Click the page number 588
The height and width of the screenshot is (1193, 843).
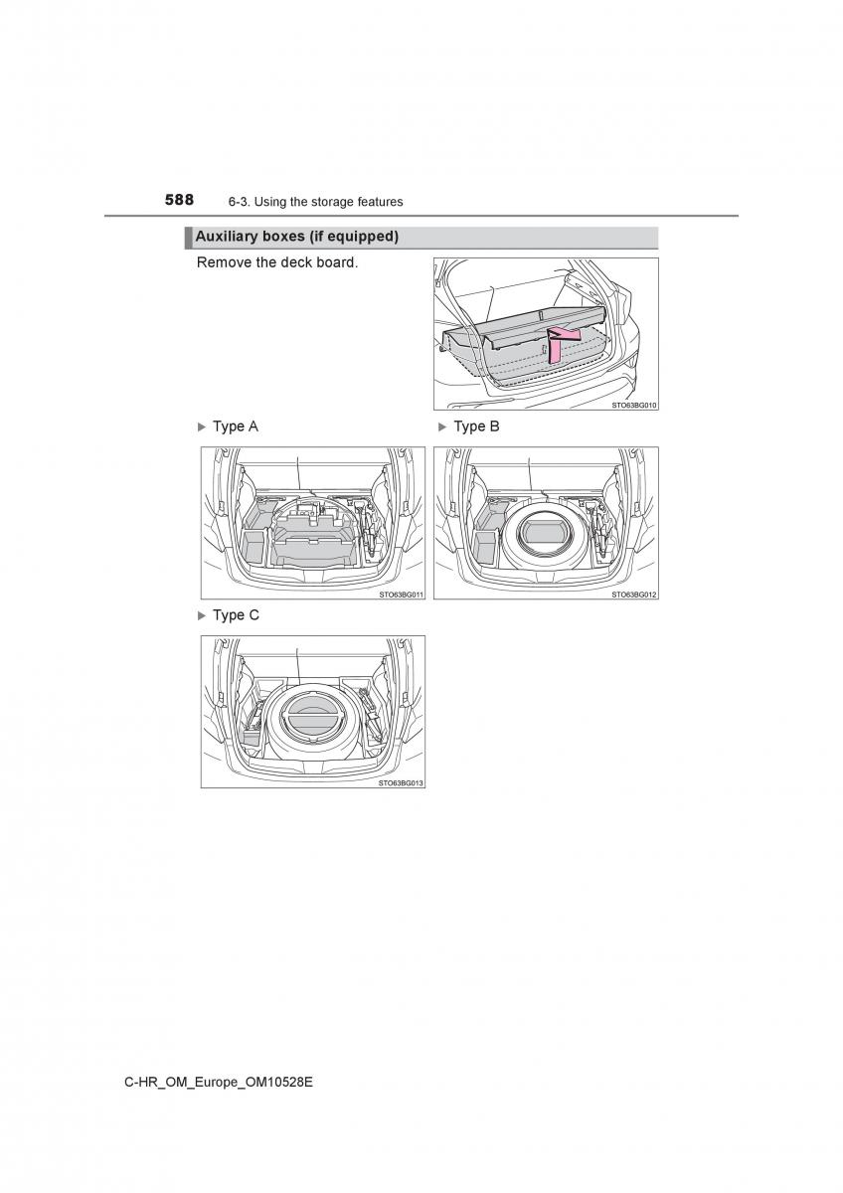pyautogui.click(x=180, y=200)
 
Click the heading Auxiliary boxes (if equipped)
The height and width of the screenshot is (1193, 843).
pyautogui.click(x=296, y=237)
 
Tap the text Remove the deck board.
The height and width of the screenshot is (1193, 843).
pyautogui.click(x=277, y=262)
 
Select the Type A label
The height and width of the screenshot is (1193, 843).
pyautogui.click(x=236, y=426)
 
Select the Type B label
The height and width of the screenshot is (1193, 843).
pyautogui.click(x=476, y=426)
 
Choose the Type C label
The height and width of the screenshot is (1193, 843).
pyautogui.click(x=236, y=615)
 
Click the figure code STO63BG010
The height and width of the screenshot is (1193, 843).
pyautogui.click(x=633, y=406)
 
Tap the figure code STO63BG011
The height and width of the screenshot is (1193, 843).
pyautogui.click(x=401, y=595)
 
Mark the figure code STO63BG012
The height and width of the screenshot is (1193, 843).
pyautogui.click(x=633, y=595)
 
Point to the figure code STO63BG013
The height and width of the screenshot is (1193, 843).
pyautogui.click(x=401, y=783)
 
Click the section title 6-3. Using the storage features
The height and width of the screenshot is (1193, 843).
pyautogui.click(x=315, y=202)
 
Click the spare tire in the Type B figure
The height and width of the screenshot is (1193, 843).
pyautogui.click(x=543, y=534)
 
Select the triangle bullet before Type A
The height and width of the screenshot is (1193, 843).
pyautogui.click(x=201, y=427)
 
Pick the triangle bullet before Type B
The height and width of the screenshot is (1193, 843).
pyautogui.click(x=442, y=427)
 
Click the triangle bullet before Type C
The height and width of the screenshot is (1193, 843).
pyautogui.click(x=201, y=615)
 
